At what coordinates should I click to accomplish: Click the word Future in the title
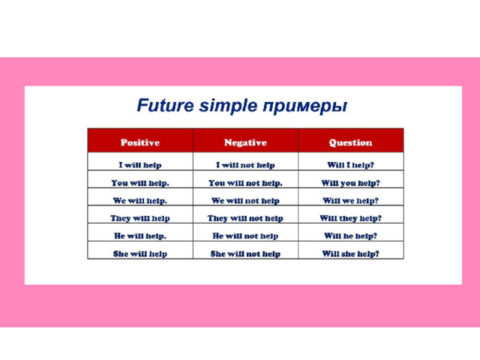tap(165, 105)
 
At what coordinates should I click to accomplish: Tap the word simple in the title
tap(228, 106)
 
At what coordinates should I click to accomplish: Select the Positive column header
tap(140, 142)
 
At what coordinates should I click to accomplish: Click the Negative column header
tap(245, 142)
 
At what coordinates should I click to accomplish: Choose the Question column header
tap(350, 142)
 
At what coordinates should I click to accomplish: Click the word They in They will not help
tap(217, 218)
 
